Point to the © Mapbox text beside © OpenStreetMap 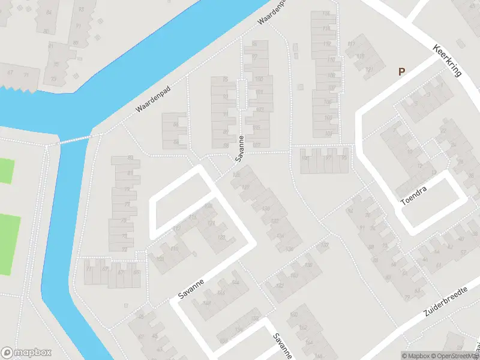(416, 356)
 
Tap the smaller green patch (5, 171)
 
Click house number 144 (235, 282)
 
